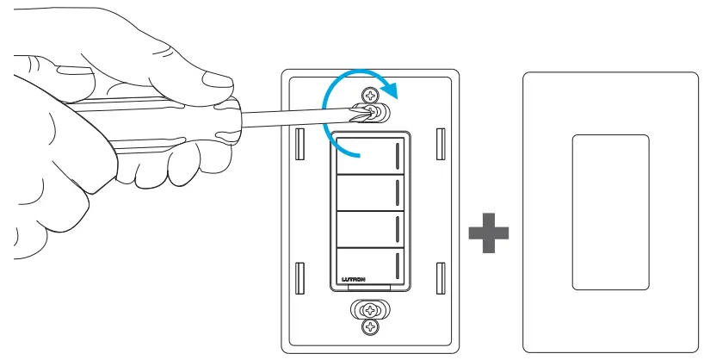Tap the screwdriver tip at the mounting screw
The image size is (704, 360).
click(367, 112)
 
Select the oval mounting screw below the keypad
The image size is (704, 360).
click(371, 310)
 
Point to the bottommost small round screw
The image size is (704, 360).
click(371, 327)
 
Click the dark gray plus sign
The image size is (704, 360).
click(489, 233)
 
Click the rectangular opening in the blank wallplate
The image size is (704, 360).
click(610, 211)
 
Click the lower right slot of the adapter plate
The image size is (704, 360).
click(440, 276)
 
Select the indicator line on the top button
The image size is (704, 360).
click(398, 156)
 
